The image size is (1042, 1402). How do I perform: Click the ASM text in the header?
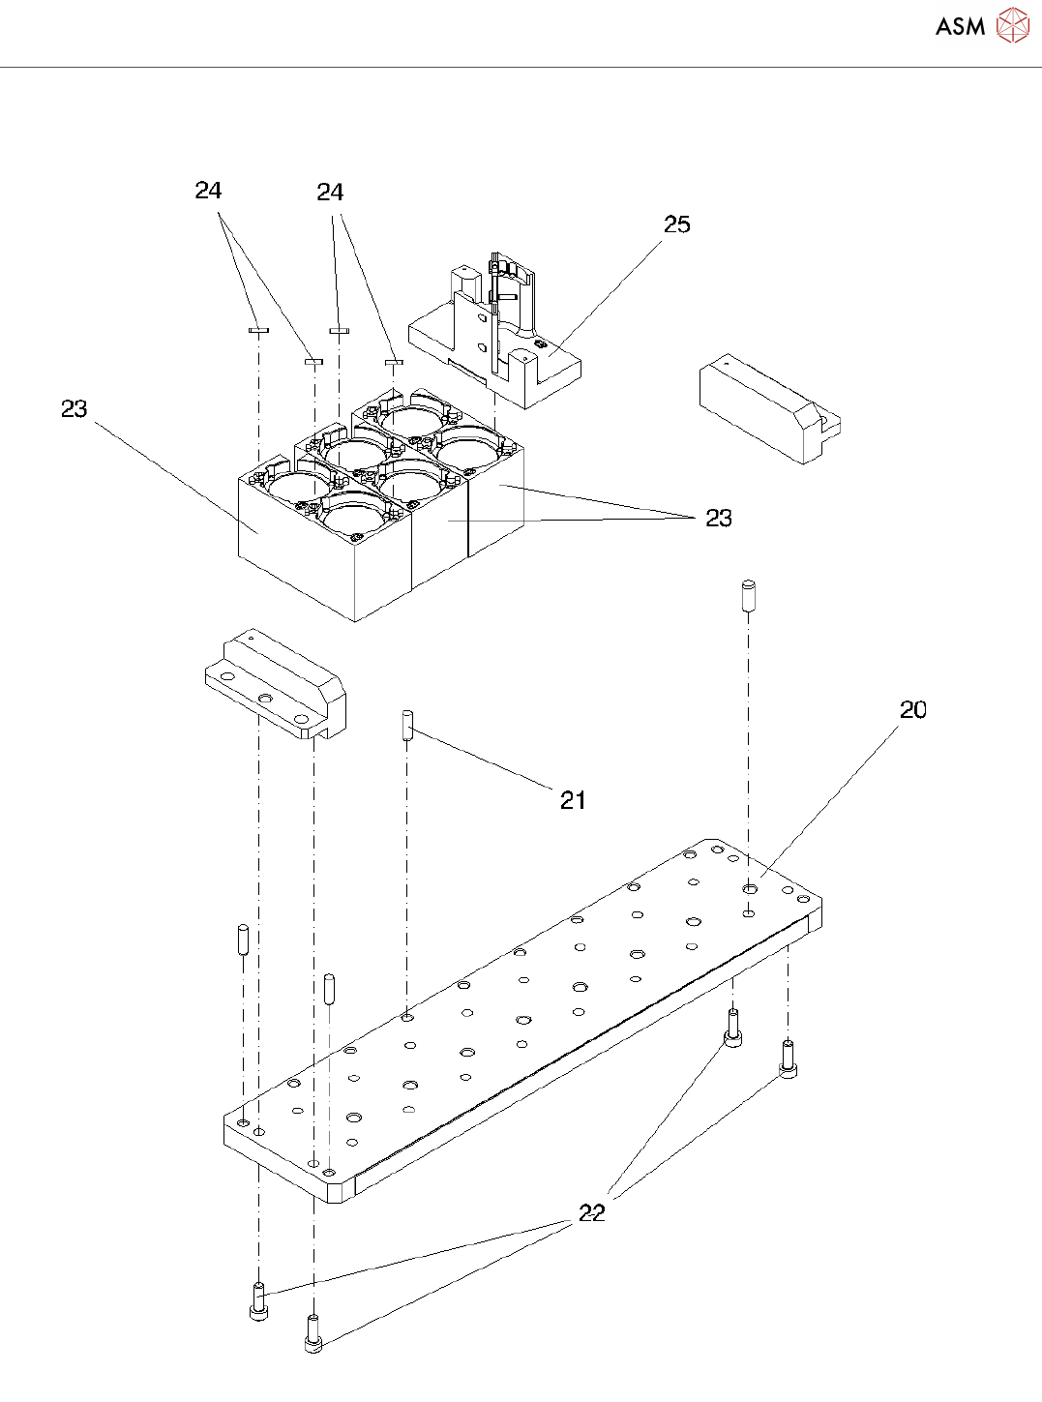pos(960,26)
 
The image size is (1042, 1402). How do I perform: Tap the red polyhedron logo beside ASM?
pos(1012,25)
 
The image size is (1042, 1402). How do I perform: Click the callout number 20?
pos(912,710)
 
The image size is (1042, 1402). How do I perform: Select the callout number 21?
pos(573,800)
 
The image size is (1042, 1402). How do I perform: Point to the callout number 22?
pos(591,1212)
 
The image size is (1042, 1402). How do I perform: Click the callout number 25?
pos(676,224)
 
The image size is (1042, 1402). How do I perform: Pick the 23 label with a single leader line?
pos(74,409)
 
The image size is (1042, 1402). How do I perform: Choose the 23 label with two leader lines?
pos(718,519)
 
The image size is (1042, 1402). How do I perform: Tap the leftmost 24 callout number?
pos(208,191)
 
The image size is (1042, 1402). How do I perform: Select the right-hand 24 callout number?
pos(330,193)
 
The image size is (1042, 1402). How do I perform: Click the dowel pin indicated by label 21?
pos(407,725)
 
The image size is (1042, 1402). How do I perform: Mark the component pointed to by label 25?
pos(493,339)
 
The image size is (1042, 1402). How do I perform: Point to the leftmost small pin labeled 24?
pos(258,330)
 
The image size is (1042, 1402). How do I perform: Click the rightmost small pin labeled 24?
pos(393,363)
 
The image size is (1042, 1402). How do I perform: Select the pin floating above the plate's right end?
pos(748,594)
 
